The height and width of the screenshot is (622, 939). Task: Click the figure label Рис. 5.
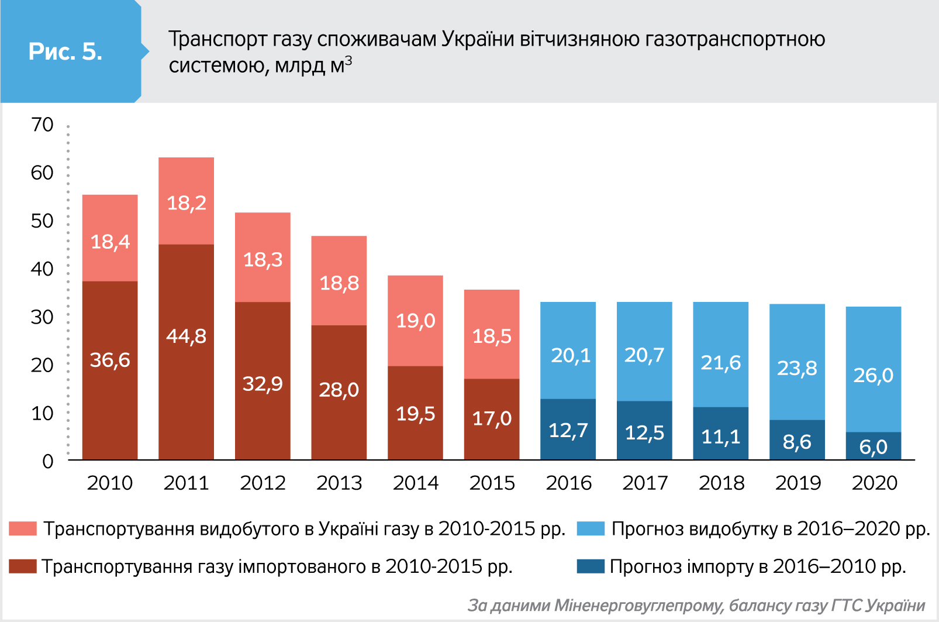[65, 51]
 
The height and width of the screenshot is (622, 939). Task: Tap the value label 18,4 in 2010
[110, 242]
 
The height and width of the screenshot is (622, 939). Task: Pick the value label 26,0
[873, 375]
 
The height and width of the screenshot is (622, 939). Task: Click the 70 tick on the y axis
[42, 125]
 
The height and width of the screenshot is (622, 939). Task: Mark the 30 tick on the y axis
[42, 317]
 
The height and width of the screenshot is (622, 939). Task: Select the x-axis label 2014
[415, 483]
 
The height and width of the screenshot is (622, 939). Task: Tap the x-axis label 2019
[798, 483]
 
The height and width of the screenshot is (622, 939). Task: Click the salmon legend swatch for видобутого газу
[23, 529]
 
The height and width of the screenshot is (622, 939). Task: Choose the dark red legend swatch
[23, 566]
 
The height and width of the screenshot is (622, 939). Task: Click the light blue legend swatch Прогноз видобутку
[591, 529]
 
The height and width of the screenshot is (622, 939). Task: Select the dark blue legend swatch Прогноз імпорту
[591, 566]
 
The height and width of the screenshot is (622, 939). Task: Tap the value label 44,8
[186, 336]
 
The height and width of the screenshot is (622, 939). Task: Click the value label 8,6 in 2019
[797, 442]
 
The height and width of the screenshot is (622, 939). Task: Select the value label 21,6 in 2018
[720, 363]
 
